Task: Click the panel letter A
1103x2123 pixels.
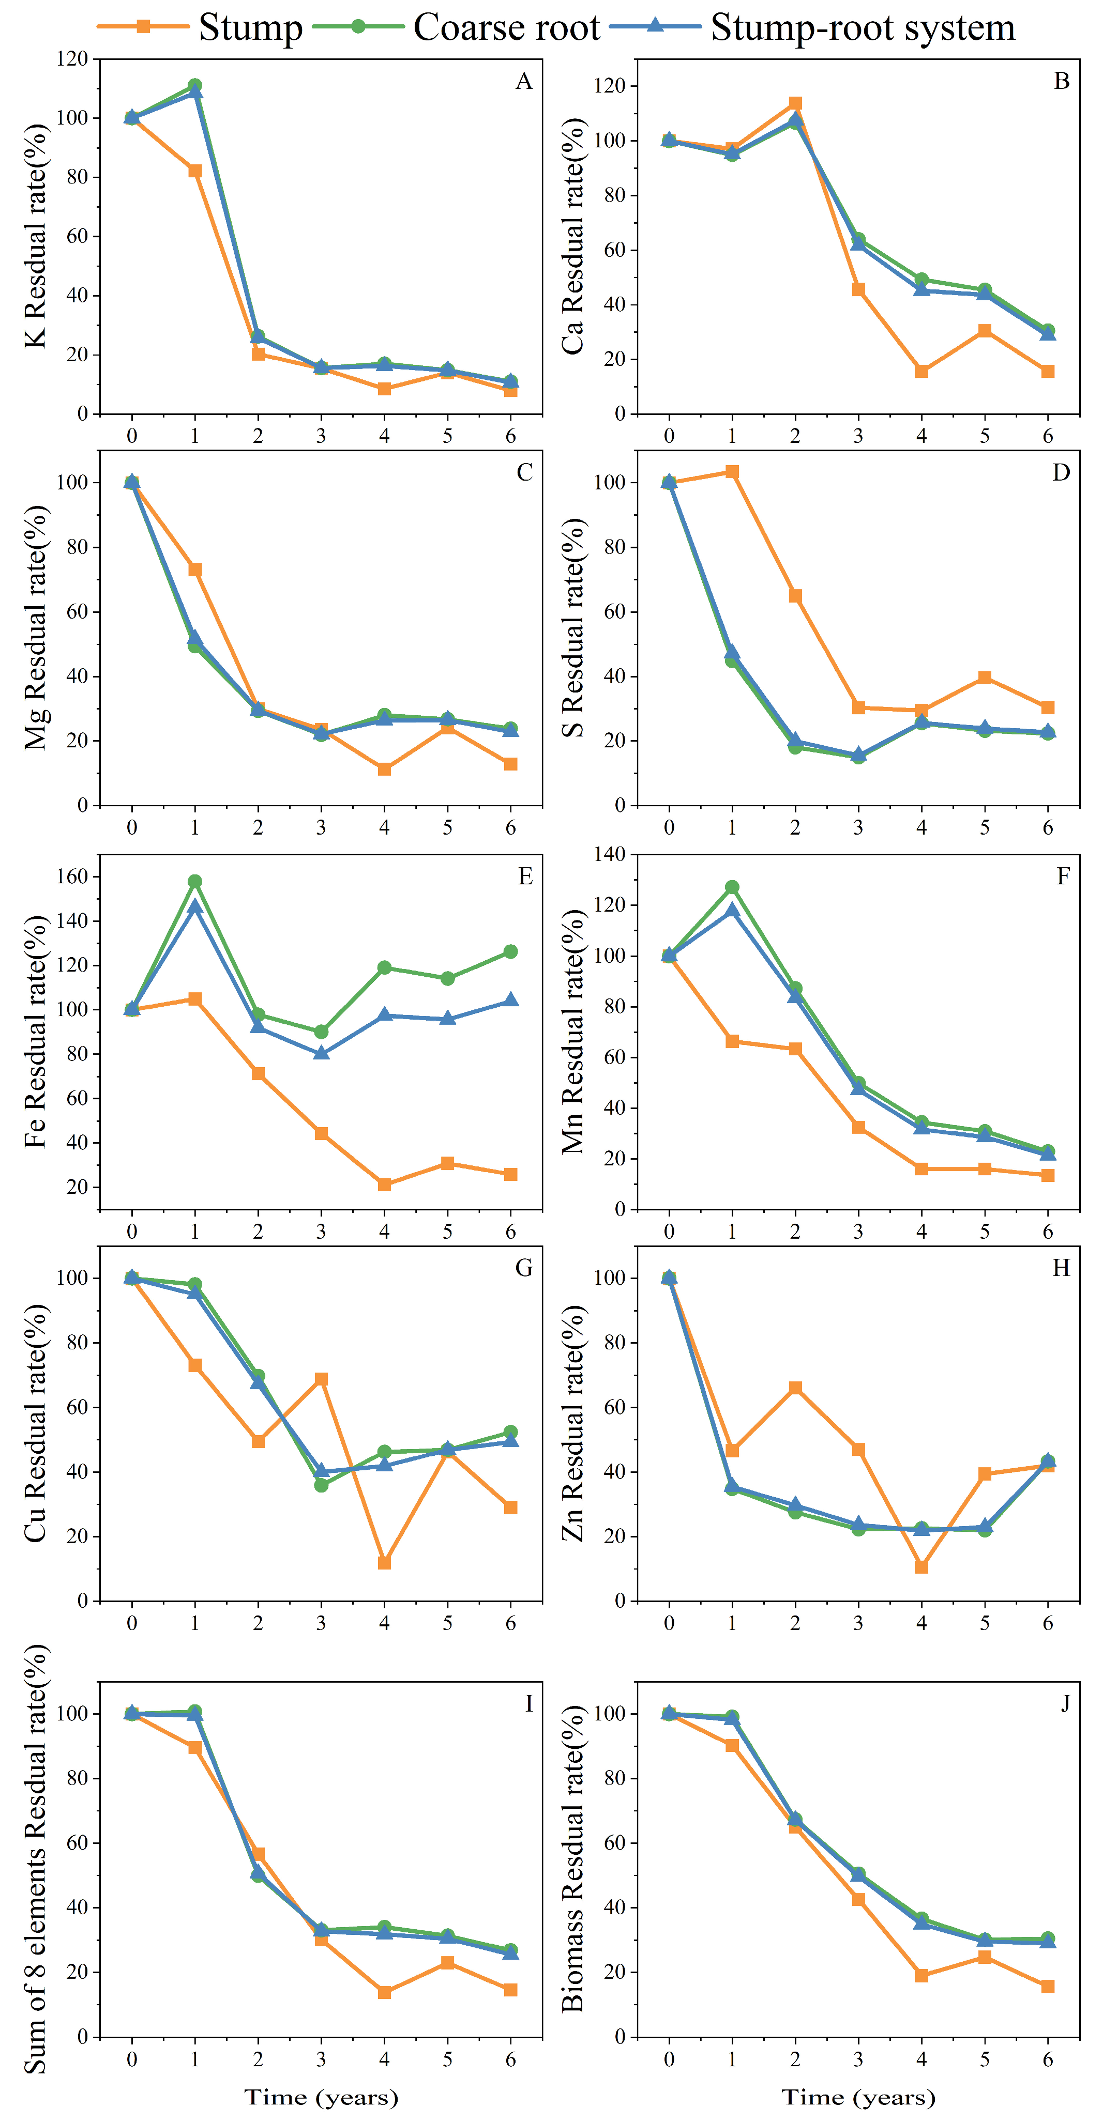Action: point(523,81)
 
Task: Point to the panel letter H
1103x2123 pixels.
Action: point(1061,1268)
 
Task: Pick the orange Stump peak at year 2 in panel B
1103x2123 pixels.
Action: point(795,103)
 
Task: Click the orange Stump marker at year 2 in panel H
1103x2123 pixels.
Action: point(795,1389)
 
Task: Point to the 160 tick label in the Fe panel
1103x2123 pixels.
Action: point(72,877)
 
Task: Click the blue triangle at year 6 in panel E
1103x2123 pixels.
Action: point(511,999)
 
